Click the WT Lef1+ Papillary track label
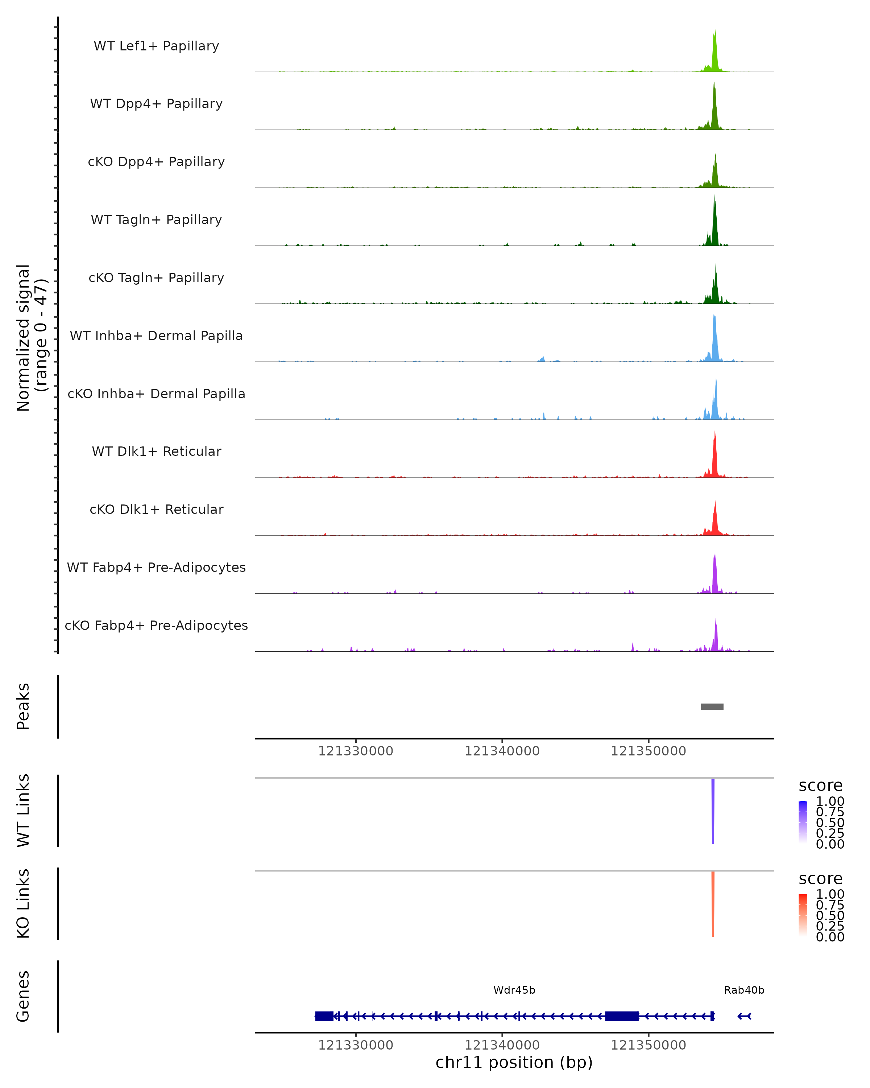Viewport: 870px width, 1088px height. point(156,46)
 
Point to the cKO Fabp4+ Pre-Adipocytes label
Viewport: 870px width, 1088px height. point(156,625)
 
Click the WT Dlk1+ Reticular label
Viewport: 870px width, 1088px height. point(156,452)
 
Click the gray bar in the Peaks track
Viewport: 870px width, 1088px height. point(712,706)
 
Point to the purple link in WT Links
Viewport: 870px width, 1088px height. point(713,807)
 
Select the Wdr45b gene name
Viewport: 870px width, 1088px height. point(514,990)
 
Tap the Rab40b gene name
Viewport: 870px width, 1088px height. point(744,990)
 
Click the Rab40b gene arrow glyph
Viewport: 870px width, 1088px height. point(745,1016)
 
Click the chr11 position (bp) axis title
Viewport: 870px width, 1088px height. point(514,1062)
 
